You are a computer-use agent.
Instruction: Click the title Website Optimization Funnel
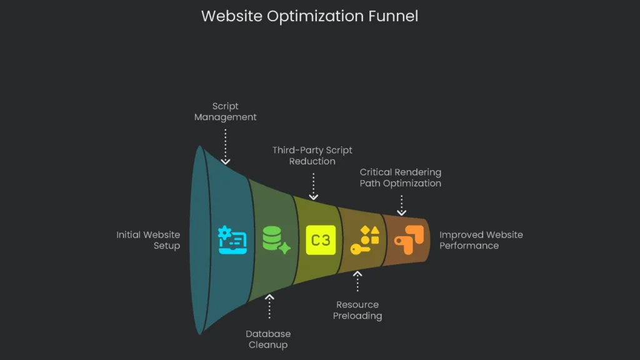(309, 16)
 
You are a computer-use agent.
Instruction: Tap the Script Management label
(225, 112)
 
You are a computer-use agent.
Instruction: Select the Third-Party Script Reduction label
(312, 156)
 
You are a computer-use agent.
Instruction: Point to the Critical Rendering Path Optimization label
(400, 177)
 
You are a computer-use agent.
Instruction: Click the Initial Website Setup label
(149, 240)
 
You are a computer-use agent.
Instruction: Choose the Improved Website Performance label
(481, 240)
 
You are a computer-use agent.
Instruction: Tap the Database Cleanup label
(268, 339)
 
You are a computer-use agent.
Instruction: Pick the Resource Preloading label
(357, 310)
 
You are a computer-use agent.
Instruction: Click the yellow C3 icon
(321, 240)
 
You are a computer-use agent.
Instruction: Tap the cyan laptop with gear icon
(232, 240)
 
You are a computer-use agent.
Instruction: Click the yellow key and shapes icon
(365, 240)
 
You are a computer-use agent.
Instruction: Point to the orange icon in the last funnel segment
(409, 240)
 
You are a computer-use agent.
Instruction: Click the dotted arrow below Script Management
(225, 144)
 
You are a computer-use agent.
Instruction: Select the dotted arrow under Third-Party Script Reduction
(313, 186)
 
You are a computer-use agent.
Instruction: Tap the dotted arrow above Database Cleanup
(269, 307)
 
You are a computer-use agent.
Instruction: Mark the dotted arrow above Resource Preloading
(357, 281)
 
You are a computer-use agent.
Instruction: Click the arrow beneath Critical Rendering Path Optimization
(401, 204)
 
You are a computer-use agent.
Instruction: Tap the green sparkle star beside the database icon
(284, 247)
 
